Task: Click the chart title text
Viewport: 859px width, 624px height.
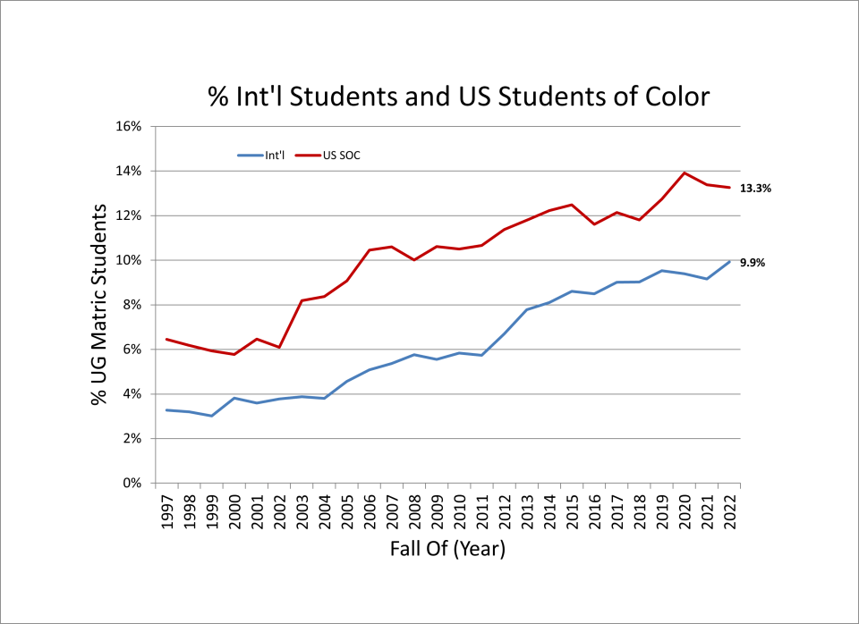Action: coord(458,97)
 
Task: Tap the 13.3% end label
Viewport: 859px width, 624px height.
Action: coord(755,189)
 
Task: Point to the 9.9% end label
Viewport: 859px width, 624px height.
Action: coord(753,263)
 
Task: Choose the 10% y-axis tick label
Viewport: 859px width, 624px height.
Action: coord(131,260)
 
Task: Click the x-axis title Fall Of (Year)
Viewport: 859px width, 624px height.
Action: coord(447,549)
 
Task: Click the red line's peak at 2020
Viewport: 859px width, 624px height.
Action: coord(685,173)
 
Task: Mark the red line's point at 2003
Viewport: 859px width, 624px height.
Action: coord(302,300)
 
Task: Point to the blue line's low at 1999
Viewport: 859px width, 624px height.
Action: coord(212,416)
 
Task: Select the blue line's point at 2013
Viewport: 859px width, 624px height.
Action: coord(527,309)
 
